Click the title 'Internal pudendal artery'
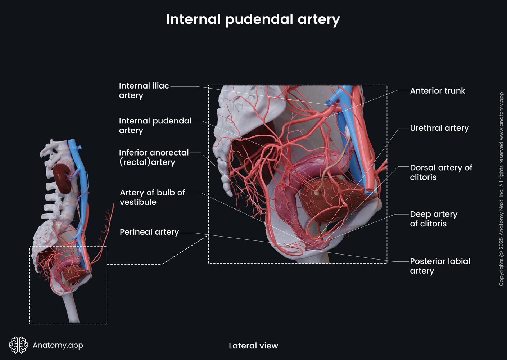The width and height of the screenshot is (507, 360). (x=253, y=19)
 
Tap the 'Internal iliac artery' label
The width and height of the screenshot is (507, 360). (x=144, y=90)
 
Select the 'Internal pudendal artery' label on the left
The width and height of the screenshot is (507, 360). (x=155, y=125)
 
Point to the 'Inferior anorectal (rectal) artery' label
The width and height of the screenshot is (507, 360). (x=154, y=157)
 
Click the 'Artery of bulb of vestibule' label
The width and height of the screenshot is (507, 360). (x=152, y=197)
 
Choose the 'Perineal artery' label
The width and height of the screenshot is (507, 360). (x=149, y=232)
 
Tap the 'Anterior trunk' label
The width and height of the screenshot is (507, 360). (x=437, y=91)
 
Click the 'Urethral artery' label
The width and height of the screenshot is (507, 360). (x=439, y=128)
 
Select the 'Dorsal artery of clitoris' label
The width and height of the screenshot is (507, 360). (x=441, y=172)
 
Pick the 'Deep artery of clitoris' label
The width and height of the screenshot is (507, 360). (x=433, y=219)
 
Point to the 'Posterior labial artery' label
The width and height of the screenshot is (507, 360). (x=440, y=266)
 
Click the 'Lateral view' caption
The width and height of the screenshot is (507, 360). (x=253, y=346)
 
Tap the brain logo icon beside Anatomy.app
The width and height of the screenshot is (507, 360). (x=18, y=345)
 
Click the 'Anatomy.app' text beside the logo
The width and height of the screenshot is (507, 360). (x=58, y=345)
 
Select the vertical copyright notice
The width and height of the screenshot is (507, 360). (x=501, y=189)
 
